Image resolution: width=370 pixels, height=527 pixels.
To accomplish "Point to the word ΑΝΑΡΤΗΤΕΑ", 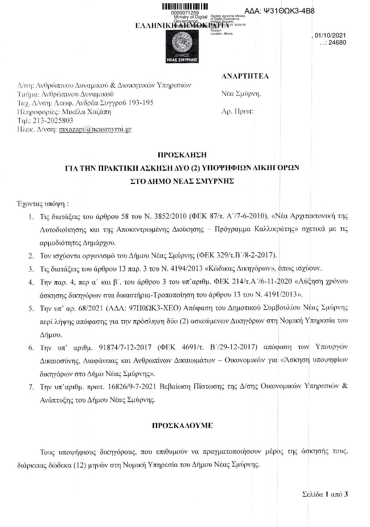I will pyautogui.click(x=245, y=76).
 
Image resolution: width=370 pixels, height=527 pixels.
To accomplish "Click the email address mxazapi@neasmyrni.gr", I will pyautogui.click(x=95, y=129).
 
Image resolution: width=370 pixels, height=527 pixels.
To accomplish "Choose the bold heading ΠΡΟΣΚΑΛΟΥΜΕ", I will pyautogui.click(x=182, y=425).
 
